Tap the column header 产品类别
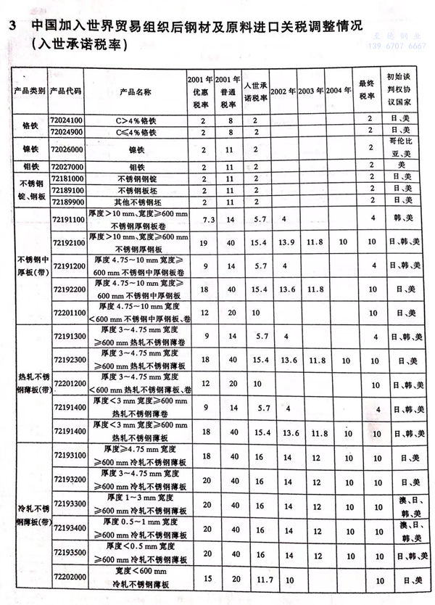click(30, 93)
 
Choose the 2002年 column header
click(284, 93)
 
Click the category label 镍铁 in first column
click(30, 149)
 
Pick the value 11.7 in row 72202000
click(258, 578)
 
